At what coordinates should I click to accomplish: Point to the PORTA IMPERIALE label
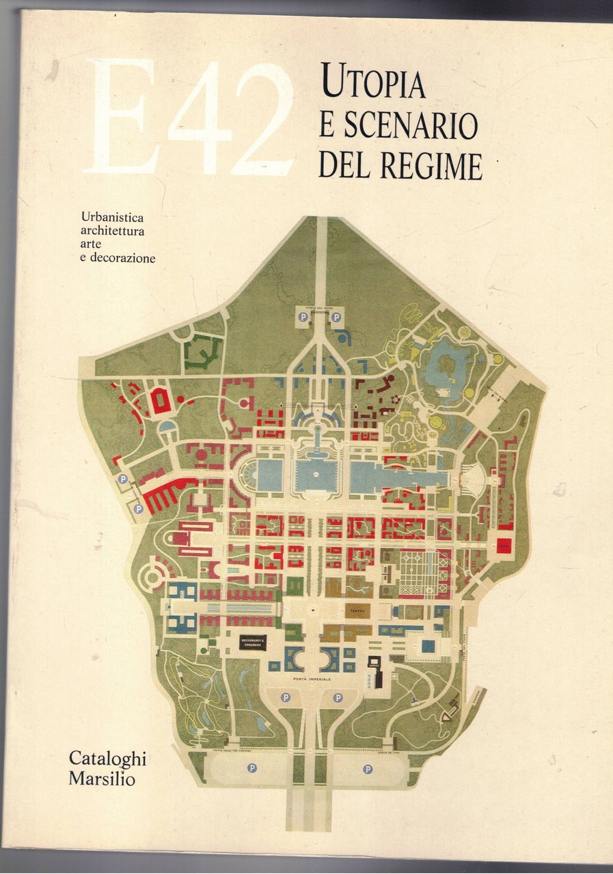311,681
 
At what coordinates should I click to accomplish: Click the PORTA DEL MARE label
318,307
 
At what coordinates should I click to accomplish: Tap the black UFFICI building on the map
374,662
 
